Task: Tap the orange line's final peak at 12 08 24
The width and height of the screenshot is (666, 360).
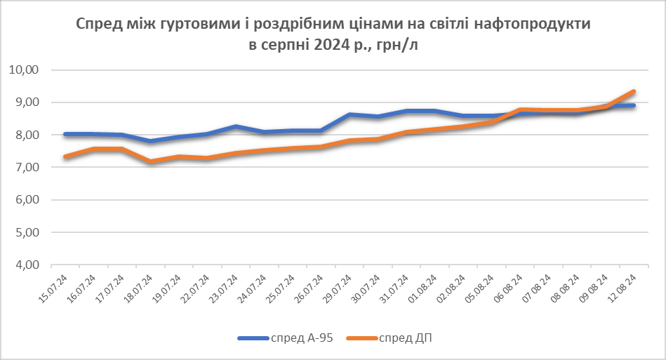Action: [634, 91]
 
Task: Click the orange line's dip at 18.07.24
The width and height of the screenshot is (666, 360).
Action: [150, 162]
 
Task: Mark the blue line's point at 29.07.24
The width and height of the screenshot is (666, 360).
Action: [349, 114]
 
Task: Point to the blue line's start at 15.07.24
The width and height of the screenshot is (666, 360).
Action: [65, 134]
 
